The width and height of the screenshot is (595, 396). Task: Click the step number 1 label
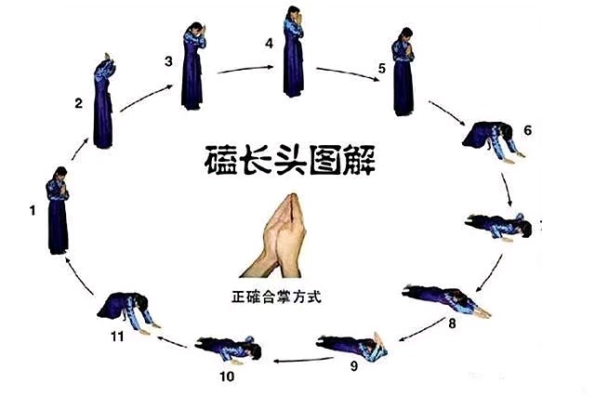click(x=33, y=210)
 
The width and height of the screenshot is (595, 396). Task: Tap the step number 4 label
click(x=269, y=44)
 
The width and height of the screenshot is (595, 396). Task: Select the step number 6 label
click(x=528, y=130)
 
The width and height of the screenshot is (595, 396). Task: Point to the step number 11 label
click(x=117, y=337)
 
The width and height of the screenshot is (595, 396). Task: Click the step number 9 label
click(x=354, y=366)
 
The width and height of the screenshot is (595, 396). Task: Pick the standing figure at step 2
click(x=103, y=101)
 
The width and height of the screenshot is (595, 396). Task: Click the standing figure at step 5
click(x=403, y=72)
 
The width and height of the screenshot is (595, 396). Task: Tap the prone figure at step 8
click(x=446, y=300)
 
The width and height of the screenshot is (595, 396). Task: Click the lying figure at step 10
click(x=229, y=350)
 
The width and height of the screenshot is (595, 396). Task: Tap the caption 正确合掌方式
click(x=277, y=297)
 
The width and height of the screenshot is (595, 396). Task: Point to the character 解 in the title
click(x=359, y=160)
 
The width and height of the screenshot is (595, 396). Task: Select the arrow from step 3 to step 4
click(x=245, y=70)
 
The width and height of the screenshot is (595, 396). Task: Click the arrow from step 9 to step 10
click(x=303, y=360)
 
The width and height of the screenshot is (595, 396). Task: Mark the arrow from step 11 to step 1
click(x=78, y=276)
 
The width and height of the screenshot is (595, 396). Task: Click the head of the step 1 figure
click(x=61, y=173)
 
